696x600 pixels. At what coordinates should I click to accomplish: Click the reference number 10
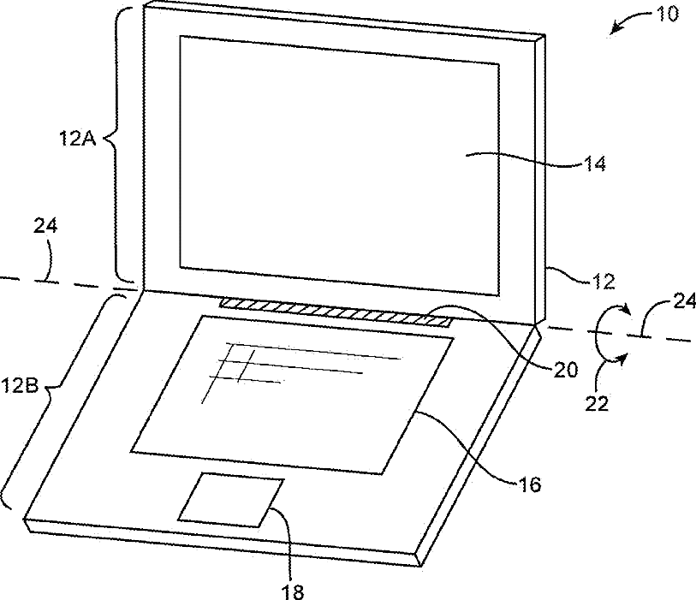[x=667, y=15]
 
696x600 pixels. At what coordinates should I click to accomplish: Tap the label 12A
[x=78, y=139]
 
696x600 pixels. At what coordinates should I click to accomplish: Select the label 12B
[x=20, y=386]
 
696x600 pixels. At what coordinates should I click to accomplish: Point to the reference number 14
[x=594, y=163]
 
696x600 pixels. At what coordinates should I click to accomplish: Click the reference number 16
[x=530, y=484]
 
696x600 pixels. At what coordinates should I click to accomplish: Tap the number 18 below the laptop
[x=293, y=591]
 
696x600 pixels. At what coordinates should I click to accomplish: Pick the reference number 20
[x=566, y=369]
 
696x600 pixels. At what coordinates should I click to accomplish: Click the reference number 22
[x=596, y=404]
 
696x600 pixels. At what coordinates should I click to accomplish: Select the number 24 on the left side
[x=45, y=226]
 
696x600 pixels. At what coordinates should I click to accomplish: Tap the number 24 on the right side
[x=685, y=302]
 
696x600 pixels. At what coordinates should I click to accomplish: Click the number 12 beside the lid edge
[x=604, y=282]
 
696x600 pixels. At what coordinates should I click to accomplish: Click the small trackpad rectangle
[x=231, y=500]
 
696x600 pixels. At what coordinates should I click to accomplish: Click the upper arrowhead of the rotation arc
[x=625, y=308]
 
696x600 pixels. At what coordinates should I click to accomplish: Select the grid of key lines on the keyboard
[x=302, y=371]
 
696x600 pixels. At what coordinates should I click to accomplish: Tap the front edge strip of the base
[x=222, y=543]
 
